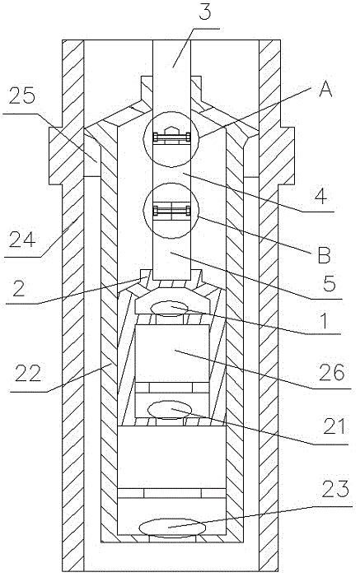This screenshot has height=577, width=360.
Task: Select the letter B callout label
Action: point(324,254)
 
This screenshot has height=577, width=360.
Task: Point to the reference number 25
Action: point(22,96)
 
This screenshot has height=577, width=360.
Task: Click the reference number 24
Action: point(22,240)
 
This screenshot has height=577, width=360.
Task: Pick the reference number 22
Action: point(28,374)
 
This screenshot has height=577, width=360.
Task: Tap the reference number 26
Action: point(333,372)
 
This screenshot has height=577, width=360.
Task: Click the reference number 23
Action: point(335,489)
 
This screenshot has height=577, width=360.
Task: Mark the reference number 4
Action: point(320,196)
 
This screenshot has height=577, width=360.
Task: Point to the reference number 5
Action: point(329,283)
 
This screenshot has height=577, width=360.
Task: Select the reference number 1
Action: point(325,320)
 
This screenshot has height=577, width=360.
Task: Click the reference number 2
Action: point(18,288)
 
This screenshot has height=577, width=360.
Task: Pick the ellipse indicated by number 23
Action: point(172,528)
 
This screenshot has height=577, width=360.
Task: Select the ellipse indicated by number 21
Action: point(170,410)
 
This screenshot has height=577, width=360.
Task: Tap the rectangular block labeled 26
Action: point(172,353)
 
